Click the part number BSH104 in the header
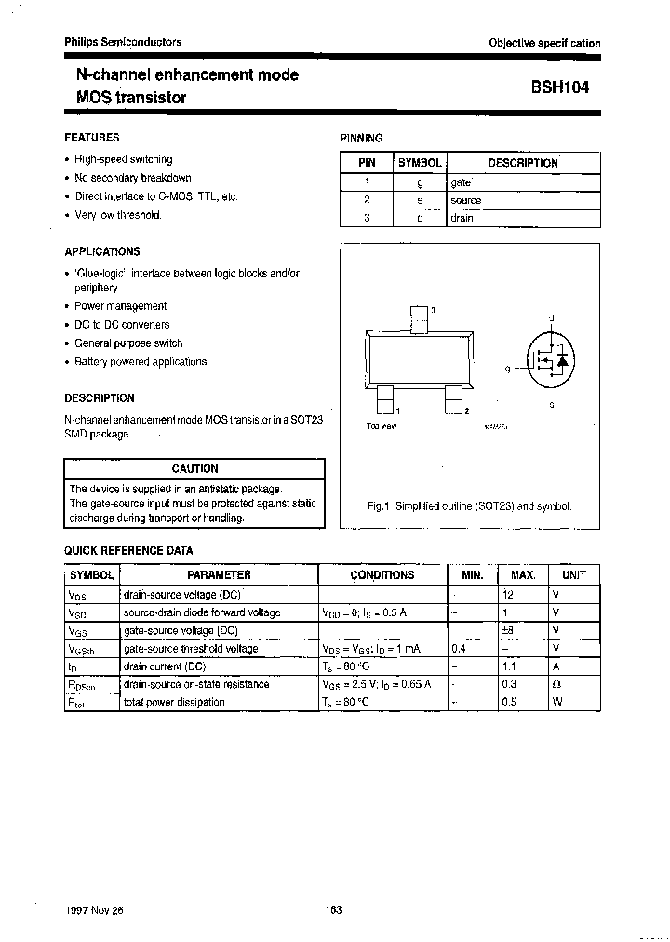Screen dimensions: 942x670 coord(559,87)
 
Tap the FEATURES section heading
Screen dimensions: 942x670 coord(91,138)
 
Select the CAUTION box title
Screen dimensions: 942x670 coord(194,469)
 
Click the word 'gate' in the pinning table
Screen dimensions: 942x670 coord(461,182)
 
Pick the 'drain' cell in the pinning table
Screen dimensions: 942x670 coord(462,219)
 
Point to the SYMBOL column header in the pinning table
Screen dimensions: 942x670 coord(419,163)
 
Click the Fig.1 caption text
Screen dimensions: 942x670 coord(469,506)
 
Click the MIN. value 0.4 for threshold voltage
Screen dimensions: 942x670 coord(459,649)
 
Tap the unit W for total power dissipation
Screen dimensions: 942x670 coord(556,702)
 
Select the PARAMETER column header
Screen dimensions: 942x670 coord(219,575)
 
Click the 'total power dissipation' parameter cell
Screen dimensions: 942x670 coord(174,702)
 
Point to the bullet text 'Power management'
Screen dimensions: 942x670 coord(121,306)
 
